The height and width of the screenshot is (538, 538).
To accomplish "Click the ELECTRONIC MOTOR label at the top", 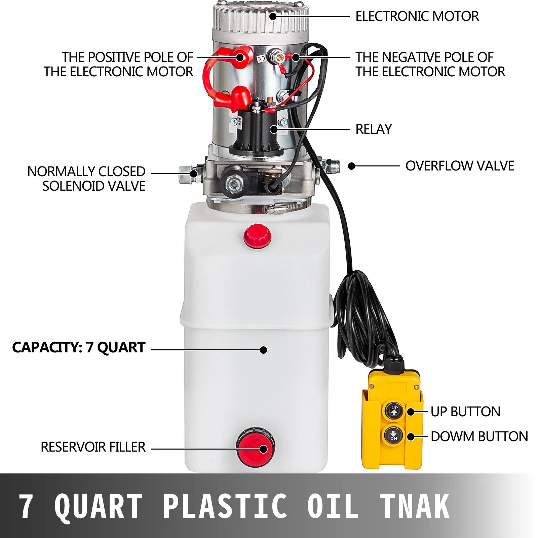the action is point(417,16).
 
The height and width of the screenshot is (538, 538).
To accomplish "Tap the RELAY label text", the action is point(374,129).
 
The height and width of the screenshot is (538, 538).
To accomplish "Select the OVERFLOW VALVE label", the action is point(460,166).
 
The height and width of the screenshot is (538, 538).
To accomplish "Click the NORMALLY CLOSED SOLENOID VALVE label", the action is point(86,179).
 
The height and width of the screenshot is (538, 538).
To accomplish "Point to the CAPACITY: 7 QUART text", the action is point(79,348).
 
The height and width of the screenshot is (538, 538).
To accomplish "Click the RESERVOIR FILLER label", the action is point(93,447).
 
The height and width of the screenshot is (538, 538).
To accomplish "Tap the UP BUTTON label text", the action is point(465,412).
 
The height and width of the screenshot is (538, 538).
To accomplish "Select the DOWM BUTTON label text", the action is point(479,437).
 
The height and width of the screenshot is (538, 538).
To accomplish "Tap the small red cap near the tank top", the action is point(258,236).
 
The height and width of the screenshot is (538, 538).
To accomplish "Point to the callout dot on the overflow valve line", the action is point(352,166).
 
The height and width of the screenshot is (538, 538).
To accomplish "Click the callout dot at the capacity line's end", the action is point(264,350).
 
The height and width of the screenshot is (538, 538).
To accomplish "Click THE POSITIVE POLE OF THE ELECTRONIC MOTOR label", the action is point(118,65).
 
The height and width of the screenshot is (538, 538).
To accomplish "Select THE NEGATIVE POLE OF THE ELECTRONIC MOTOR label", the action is point(430,65).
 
